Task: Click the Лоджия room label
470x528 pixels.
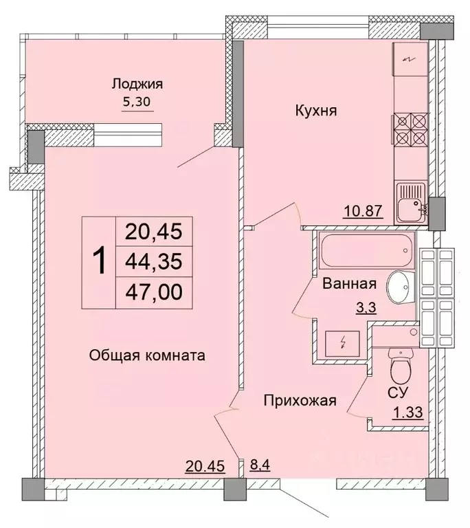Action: click(x=137, y=85)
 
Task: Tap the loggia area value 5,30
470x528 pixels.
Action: click(x=137, y=102)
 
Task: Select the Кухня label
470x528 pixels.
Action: click(x=315, y=110)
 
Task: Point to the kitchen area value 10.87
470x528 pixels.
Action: click(x=362, y=211)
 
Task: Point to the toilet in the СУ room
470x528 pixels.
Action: click(x=399, y=368)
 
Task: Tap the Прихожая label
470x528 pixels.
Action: click(x=300, y=401)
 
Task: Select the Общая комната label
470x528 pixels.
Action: click(x=148, y=355)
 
